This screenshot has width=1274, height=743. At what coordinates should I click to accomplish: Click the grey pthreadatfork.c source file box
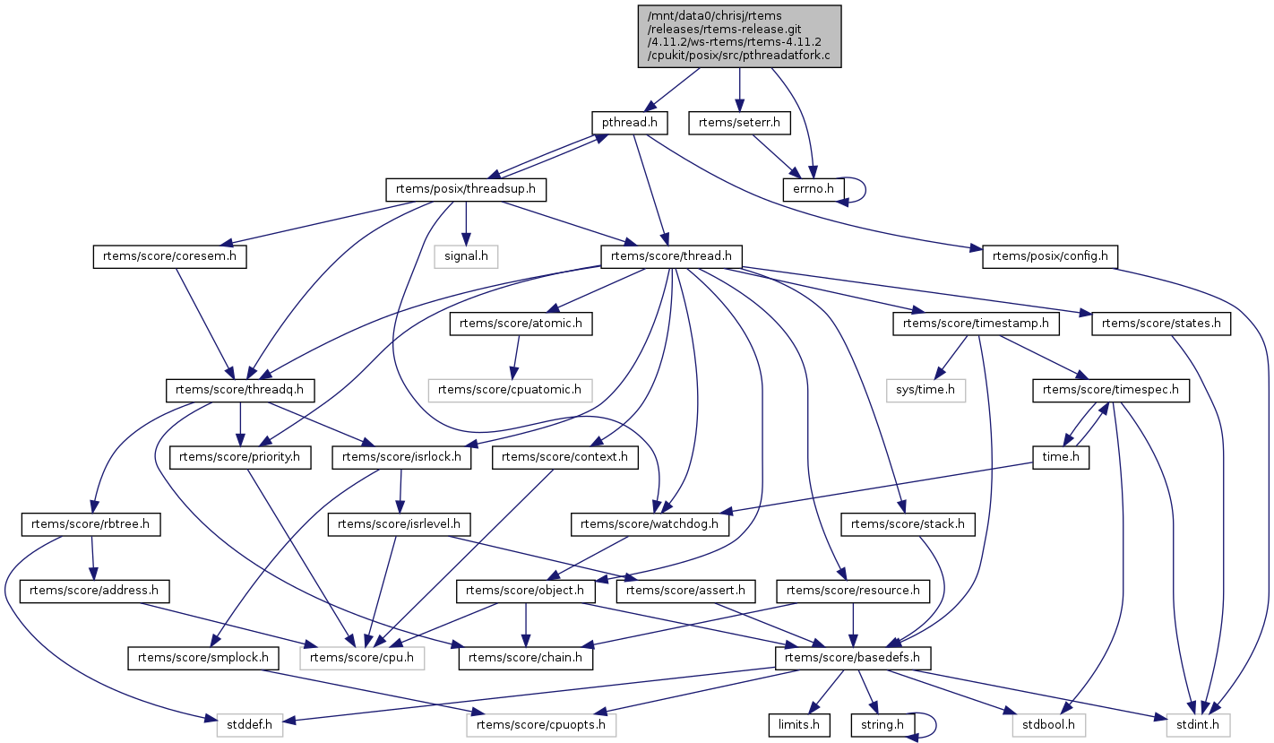tap(739, 36)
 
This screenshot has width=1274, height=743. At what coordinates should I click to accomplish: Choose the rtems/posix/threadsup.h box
tap(466, 189)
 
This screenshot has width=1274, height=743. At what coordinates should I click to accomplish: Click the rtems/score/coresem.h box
tap(169, 256)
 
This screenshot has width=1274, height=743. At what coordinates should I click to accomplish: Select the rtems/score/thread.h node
tap(671, 256)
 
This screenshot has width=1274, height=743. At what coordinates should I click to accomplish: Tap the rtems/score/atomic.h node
tap(521, 324)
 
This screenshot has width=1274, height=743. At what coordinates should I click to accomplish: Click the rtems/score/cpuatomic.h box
tap(510, 390)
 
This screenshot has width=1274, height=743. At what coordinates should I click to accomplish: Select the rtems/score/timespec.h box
tap(1111, 390)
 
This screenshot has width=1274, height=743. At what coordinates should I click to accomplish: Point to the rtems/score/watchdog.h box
tap(650, 524)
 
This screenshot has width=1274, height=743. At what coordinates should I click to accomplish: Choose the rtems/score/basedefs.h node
tap(853, 658)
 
